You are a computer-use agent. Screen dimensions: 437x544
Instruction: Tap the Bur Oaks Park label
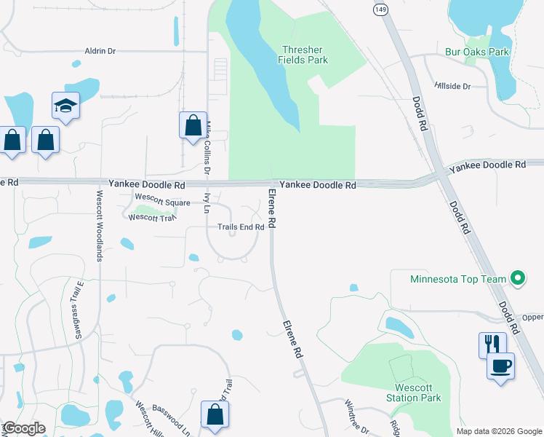click(477, 52)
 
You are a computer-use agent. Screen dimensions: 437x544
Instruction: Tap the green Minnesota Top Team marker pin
click(517, 278)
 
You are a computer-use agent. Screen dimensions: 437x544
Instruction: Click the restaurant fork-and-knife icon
click(492, 344)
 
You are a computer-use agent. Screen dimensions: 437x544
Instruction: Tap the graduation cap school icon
click(65, 106)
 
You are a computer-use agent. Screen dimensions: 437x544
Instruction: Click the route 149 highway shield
click(380, 9)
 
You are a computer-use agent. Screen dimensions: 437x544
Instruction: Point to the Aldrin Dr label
click(100, 51)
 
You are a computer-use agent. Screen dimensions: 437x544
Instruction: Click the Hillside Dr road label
click(452, 86)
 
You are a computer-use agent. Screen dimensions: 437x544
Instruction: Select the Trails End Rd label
click(241, 227)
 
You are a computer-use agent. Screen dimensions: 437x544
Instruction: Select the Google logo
click(23, 428)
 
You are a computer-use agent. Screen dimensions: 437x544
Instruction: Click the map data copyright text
click(499, 431)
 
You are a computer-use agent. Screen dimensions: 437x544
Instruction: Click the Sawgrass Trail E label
click(77, 312)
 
